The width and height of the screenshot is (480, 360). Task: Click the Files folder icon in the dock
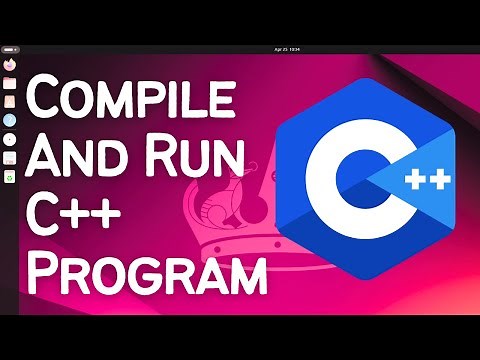point(9,81)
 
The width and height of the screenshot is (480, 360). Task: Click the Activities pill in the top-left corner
point(11,49)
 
